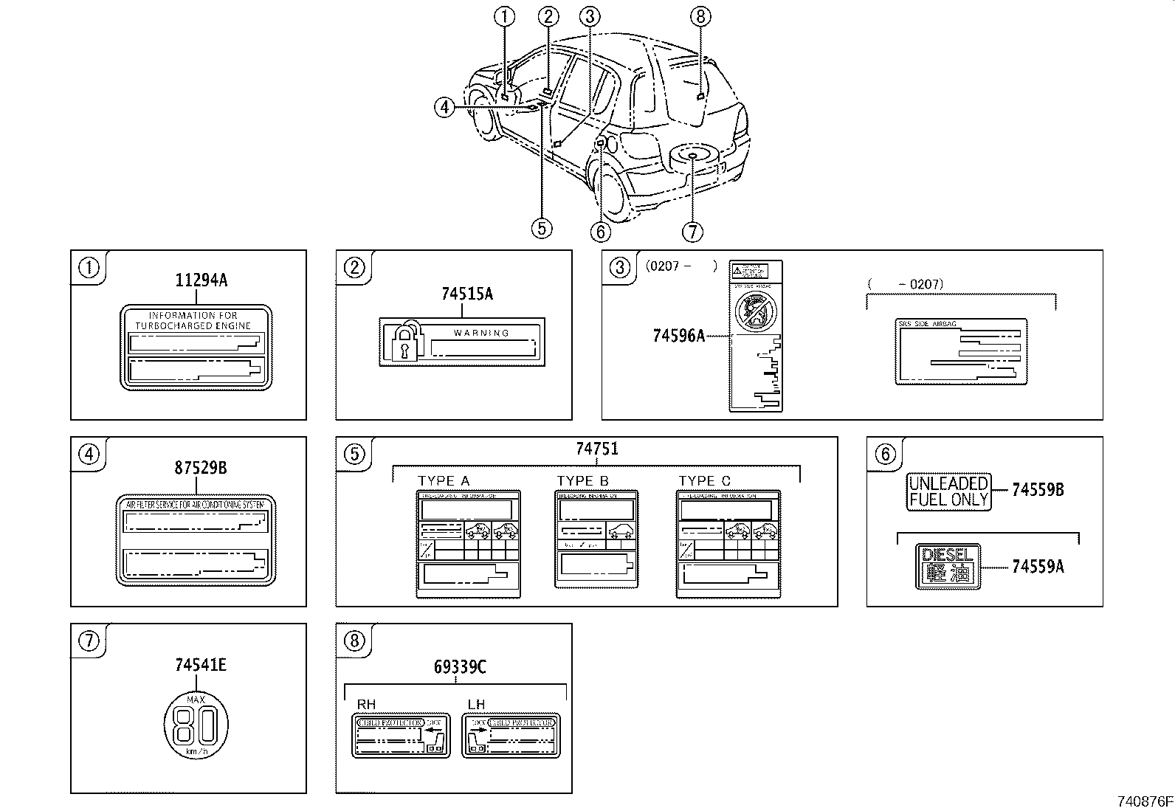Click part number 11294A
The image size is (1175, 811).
coord(201,280)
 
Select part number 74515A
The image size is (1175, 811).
coord(466,294)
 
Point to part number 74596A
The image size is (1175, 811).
coord(678,336)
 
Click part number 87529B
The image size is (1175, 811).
coord(201,467)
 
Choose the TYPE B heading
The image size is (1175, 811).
coord(582,481)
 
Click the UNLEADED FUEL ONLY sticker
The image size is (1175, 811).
coord(948,492)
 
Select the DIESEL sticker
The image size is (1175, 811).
coord(947,566)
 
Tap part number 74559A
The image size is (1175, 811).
coord(1038,567)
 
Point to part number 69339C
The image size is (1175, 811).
coord(459,667)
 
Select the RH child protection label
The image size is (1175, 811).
coord(400,735)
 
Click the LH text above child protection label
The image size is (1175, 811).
coord(477,704)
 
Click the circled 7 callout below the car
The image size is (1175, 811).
coord(692,232)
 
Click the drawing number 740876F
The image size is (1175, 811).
coord(1143,801)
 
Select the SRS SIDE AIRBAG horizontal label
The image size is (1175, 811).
coord(962,351)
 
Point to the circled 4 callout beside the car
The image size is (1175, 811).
coord(444,108)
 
